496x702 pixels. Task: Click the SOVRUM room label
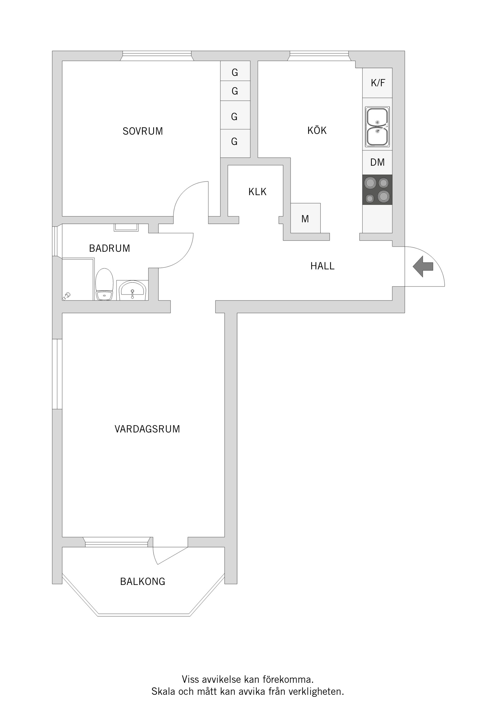[x=143, y=131]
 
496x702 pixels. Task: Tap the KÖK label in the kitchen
[x=317, y=130]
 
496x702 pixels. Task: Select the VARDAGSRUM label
[x=147, y=429]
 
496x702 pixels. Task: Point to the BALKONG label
[x=143, y=581]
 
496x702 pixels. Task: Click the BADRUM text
[x=110, y=248]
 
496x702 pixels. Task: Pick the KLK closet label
[x=257, y=192]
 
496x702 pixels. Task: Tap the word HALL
[x=322, y=266]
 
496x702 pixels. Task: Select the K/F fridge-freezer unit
[x=377, y=83]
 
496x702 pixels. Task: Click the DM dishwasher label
[x=377, y=162]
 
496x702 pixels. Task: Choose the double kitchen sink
[x=377, y=127]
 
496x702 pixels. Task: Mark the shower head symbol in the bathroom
[x=67, y=296]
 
